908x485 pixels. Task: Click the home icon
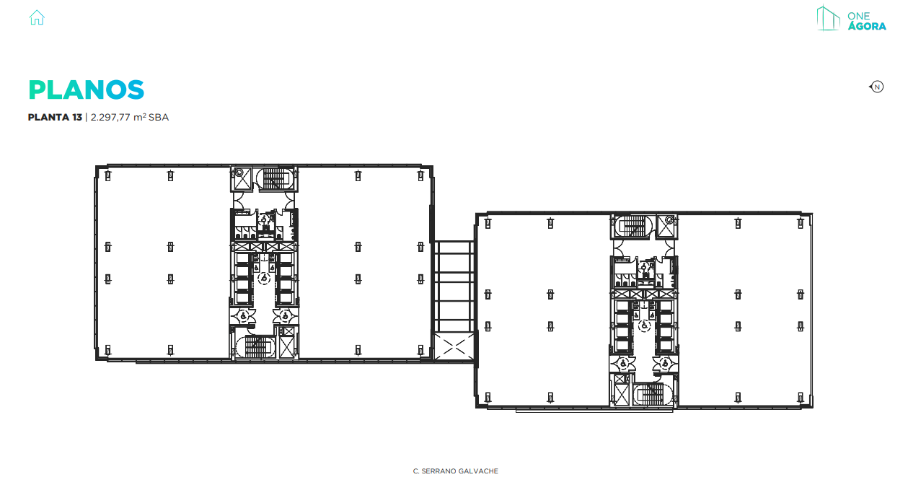click(37, 17)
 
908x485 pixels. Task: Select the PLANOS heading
click(87, 89)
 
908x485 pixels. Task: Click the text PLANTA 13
click(55, 117)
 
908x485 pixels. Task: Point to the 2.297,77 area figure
click(112, 117)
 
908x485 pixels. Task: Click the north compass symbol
click(877, 87)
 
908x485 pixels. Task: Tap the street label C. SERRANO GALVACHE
click(455, 471)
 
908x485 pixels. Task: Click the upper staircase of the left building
click(274, 178)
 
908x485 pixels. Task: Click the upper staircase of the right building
click(632, 227)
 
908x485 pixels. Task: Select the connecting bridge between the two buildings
click(453, 285)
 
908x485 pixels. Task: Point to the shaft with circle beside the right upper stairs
click(669, 220)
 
